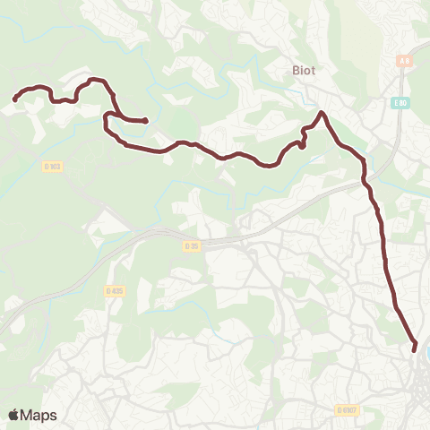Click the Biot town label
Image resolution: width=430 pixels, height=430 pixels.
coord(303,68)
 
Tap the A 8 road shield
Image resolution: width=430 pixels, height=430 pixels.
coord(405,61)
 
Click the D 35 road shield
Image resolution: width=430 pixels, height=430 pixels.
coord(191,245)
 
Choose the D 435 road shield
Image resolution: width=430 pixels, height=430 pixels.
coord(113,290)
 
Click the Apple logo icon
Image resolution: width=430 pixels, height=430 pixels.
coord(13,415)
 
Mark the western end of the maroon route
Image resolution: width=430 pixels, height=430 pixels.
coord(15,99)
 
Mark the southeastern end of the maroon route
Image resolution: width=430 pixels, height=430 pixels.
coord(414,348)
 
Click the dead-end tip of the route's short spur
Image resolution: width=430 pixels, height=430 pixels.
coord(145,121)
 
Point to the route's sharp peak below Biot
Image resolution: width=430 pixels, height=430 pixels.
coord(322,113)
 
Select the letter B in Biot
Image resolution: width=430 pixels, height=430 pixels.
coord(294,68)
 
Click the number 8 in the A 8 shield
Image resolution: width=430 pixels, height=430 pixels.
coord(408,61)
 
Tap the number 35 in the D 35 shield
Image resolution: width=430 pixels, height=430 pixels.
coord(193,245)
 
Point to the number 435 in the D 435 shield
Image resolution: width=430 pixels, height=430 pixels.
coord(116,290)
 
